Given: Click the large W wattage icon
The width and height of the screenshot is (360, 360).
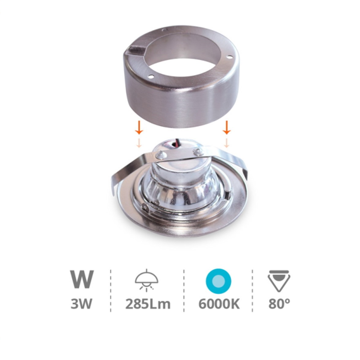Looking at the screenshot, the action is [x=82, y=279].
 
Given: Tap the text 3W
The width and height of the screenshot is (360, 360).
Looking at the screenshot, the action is [x=81, y=303].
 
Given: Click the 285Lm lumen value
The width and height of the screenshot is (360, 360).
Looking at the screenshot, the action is [x=148, y=303].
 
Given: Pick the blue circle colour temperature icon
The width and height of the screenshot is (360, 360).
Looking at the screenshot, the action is [x=218, y=281].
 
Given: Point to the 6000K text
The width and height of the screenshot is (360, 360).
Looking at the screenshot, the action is [x=219, y=303].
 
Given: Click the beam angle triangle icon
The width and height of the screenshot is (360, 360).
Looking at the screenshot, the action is [x=279, y=281].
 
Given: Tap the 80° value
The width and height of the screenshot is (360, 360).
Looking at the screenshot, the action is [x=279, y=303].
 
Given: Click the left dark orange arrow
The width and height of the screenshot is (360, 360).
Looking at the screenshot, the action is [x=139, y=128].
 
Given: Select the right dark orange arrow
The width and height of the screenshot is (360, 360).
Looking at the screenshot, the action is [x=227, y=128].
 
